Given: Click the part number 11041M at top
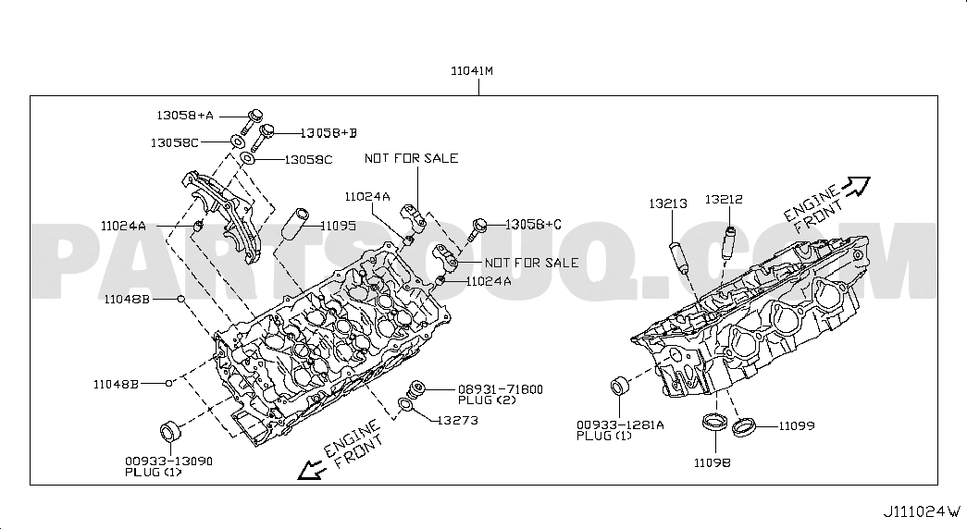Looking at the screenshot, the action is (x=472, y=71).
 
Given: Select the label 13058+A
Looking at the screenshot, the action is (x=185, y=116).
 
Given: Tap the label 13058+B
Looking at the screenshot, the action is (x=329, y=133).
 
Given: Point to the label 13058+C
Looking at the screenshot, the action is (x=533, y=225).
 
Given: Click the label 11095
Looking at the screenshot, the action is (x=338, y=227).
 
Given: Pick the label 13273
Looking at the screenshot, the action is (x=458, y=421).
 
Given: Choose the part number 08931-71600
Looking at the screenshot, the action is (x=500, y=389).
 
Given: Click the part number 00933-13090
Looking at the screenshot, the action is (x=169, y=461).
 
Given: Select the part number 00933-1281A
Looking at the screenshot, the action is (x=620, y=424).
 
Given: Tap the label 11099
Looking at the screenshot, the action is (x=796, y=426).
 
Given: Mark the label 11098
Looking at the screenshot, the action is (x=713, y=463).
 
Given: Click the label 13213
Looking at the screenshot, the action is (x=668, y=203).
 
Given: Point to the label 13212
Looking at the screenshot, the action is (x=724, y=200).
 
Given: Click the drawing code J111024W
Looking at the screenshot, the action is (x=922, y=511).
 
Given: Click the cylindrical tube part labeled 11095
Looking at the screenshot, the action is (x=294, y=225).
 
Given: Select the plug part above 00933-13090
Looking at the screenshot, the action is (x=170, y=430).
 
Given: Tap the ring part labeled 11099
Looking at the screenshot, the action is (x=744, y=426).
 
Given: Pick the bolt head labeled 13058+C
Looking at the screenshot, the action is (x=480, y=225).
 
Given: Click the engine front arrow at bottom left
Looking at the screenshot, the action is (x=311, y=470).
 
